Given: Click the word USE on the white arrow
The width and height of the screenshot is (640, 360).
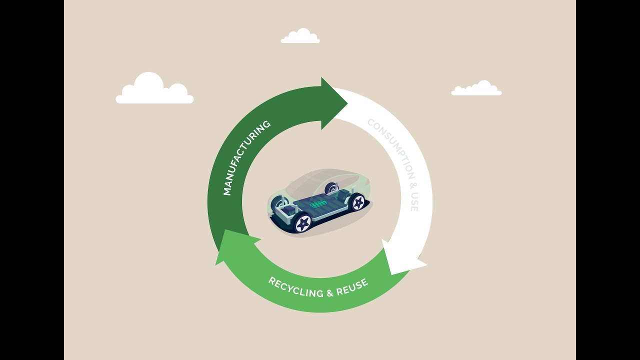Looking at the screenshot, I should tap(413, 202).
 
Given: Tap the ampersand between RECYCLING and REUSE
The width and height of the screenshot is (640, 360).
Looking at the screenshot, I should tap(329, 293).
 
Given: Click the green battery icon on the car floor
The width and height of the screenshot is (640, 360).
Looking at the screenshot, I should tap(318, 204).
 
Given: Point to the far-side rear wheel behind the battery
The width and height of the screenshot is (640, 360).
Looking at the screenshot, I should tap(331, 188).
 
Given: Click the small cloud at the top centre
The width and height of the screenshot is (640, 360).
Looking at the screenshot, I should tap(300, 36).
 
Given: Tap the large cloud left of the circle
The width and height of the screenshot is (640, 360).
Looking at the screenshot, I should tap(154, 90).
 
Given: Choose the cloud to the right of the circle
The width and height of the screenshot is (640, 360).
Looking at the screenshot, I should tap(476, 88).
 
